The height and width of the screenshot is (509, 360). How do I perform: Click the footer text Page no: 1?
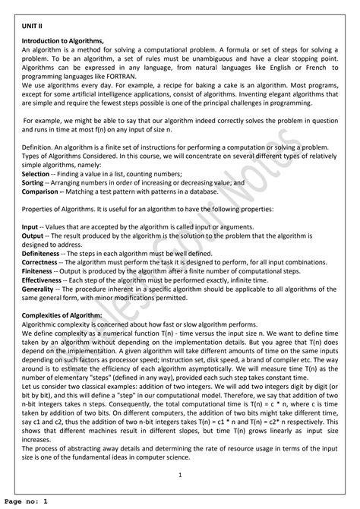pos(25,502)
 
